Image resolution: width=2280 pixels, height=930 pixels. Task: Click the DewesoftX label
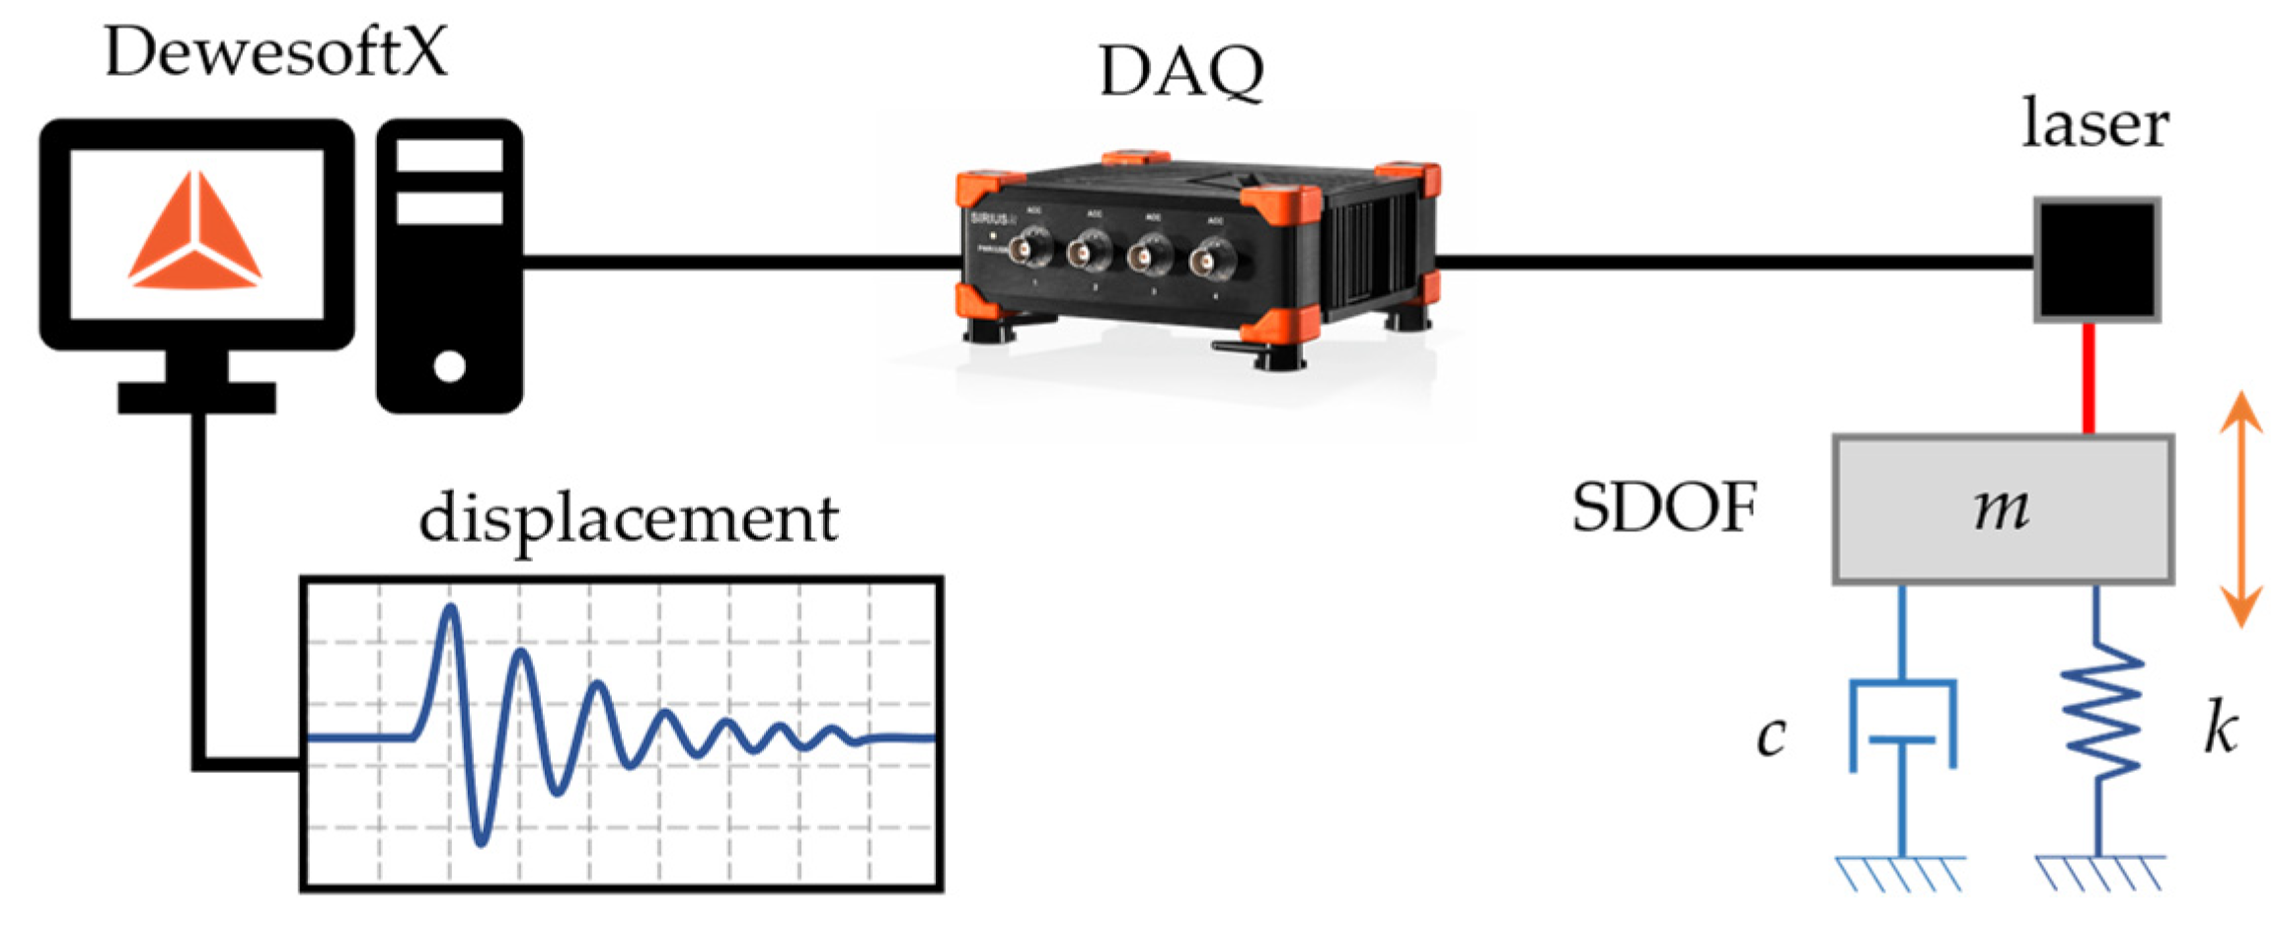pos(275,52)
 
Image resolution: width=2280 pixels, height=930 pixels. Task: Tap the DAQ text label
pos(1180,72)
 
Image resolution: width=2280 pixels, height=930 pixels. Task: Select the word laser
pos(2094,125)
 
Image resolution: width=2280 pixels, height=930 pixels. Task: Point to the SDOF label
pos(1664,508)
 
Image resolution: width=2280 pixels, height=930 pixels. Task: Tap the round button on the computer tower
pos(449,366)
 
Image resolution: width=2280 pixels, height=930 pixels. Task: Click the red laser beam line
pos(2089,378)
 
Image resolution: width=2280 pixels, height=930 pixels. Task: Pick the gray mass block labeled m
pos(2003,509)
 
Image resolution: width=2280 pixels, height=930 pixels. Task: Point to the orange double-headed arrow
pos(2241,509)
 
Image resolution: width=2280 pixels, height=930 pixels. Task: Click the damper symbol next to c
pos(1902,726)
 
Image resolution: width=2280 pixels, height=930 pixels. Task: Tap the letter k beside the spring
pos(2220,732)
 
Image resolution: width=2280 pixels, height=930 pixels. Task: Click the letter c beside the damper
pos(1771,736)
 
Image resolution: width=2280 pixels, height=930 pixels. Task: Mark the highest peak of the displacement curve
pos(450,608)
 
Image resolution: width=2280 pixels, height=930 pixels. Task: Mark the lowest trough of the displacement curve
pos(482,842)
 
